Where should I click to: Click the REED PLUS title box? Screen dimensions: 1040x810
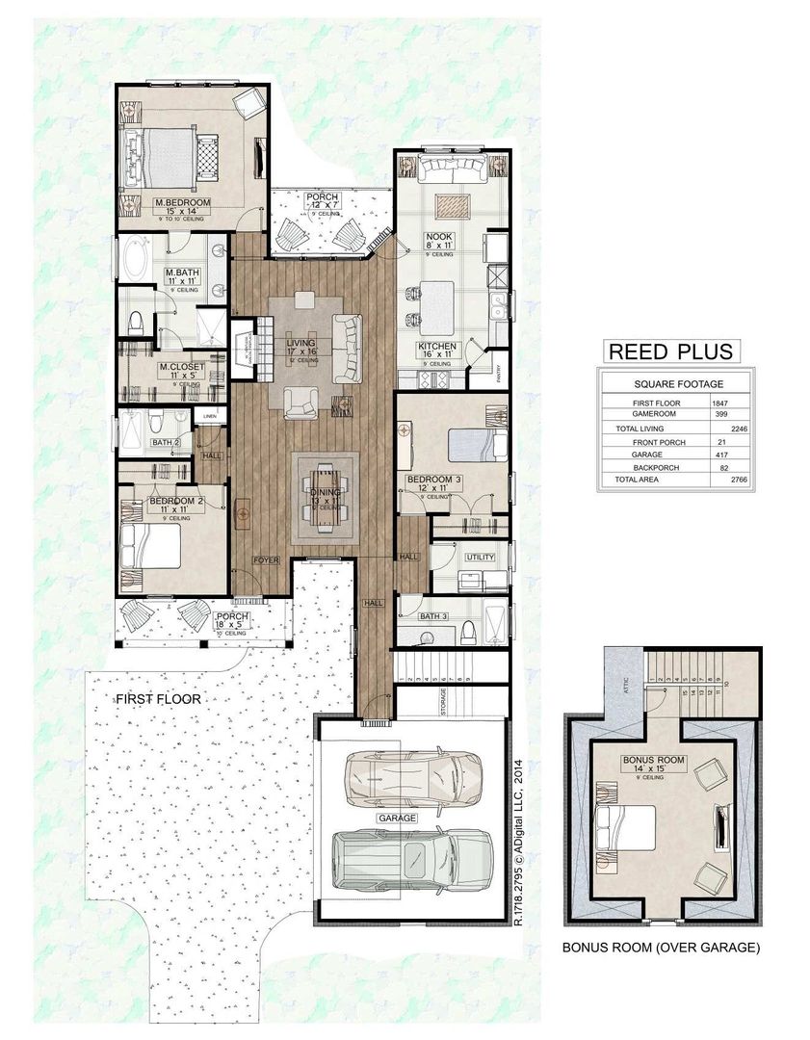coord(669,351)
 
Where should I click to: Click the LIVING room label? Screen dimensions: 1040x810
coord(301,343)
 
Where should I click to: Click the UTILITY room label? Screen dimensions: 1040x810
coord(479,558)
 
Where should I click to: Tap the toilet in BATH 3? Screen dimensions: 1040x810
coord(469,632)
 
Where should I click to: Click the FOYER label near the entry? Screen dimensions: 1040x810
coord(266,559)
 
